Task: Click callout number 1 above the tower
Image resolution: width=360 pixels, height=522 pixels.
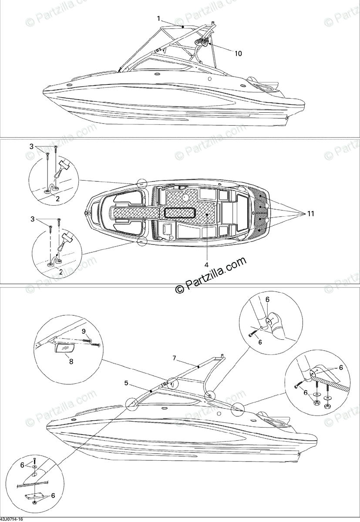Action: (x=159, y=18)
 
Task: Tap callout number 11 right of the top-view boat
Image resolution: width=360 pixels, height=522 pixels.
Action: (x=310, y=214)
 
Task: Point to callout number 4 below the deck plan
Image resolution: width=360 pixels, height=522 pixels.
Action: (x=207, y=264)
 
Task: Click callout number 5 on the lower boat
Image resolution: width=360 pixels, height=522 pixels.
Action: (x=126, y=383)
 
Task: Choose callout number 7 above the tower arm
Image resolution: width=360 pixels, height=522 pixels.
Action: (x=174, y=358)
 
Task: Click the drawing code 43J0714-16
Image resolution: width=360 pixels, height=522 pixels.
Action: (x=13, y=519)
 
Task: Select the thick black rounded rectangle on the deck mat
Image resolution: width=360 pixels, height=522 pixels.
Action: (x=179, y=213)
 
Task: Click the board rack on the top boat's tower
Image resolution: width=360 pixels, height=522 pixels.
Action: (x=201, y=42)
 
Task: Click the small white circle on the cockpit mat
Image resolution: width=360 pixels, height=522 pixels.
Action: (x=185, y=197)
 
